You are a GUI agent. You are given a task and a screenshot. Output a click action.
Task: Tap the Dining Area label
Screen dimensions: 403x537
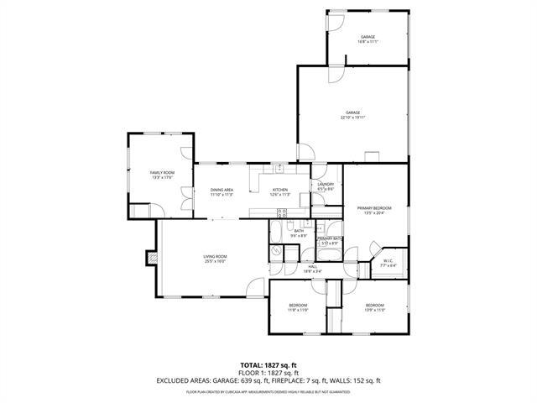tap(222, 192)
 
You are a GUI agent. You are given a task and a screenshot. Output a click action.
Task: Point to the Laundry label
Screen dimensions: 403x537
tap(326, 186)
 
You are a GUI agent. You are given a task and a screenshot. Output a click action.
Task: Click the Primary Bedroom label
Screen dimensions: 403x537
tap(374, 210)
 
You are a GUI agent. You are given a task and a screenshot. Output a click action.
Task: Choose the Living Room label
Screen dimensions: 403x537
tap(215, 259)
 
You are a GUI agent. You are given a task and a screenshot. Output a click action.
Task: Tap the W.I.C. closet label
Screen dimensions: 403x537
tap(388, 263)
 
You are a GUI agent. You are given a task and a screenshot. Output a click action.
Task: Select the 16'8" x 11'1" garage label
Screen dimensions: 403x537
tap(368, 39)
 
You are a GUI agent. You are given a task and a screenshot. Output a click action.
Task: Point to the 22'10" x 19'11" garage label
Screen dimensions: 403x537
tap(353, 114)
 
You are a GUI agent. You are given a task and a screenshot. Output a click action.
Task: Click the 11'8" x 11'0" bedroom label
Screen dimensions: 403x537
tap(299, 307)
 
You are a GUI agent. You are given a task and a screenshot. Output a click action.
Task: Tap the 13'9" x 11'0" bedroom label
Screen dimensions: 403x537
tap(374, 307)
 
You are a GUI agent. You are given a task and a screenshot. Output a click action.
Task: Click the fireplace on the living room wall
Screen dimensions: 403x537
tap(151, 258)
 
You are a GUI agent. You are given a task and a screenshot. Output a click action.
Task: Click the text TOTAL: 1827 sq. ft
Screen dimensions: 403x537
tap(268, 365)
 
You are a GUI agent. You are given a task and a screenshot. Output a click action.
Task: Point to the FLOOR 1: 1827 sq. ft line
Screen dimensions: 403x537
tap(268, 373)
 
